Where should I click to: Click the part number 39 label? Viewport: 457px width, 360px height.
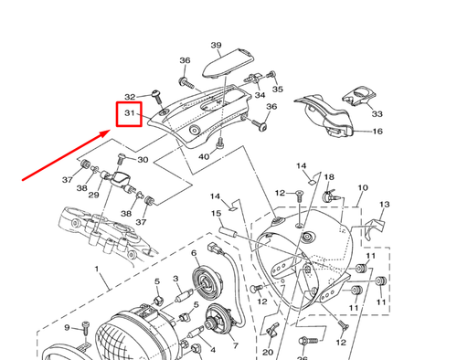coord(217,44)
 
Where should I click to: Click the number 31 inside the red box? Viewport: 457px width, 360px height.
coord(129,114)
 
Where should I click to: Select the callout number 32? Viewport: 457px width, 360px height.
coord(130,97)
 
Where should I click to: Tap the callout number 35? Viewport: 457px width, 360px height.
coord(278,89)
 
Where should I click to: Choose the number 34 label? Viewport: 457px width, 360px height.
coord(260,94)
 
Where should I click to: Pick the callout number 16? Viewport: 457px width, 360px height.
coord(377,132)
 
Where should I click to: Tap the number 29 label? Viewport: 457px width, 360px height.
coord(93,195)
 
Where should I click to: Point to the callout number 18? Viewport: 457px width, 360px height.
coord(329,176)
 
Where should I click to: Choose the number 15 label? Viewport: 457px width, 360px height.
coord(217,213)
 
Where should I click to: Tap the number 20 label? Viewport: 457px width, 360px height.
coord(268,351)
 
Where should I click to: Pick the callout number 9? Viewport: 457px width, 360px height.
coord(67,328)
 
